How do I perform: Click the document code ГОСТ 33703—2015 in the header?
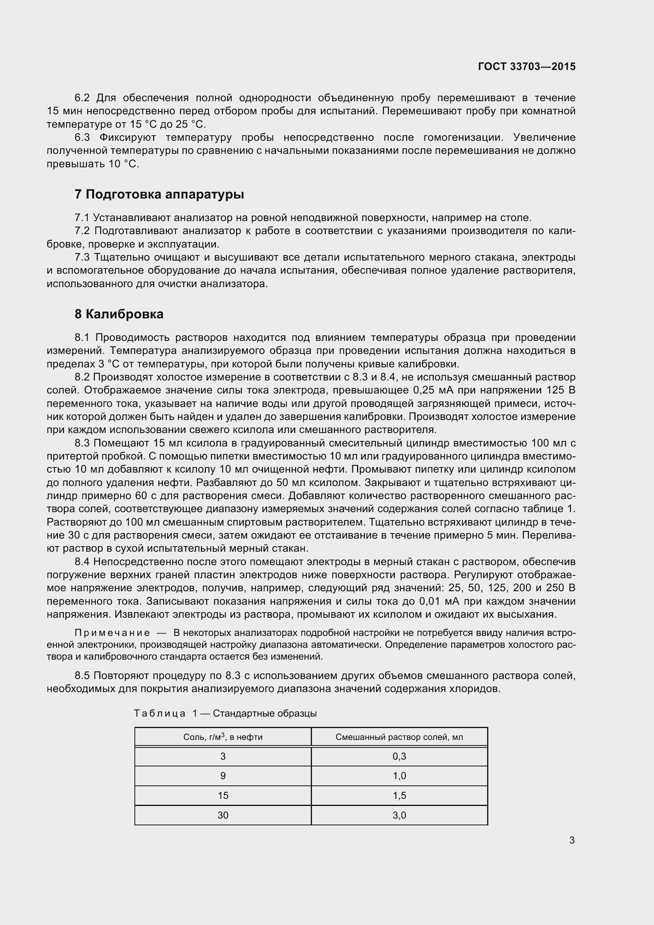527,66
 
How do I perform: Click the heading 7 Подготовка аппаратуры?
159,194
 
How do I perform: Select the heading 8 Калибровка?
119,314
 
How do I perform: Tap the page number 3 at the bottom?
572,840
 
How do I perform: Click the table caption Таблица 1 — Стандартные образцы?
225,713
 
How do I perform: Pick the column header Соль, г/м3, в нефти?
223,737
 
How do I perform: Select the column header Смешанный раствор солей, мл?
399,737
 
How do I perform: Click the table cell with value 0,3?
399,756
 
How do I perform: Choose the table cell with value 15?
223,795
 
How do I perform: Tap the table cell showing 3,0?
399,815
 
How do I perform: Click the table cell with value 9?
223,776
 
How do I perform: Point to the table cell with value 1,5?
399,795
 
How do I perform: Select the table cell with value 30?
223,815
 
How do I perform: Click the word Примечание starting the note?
112,633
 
